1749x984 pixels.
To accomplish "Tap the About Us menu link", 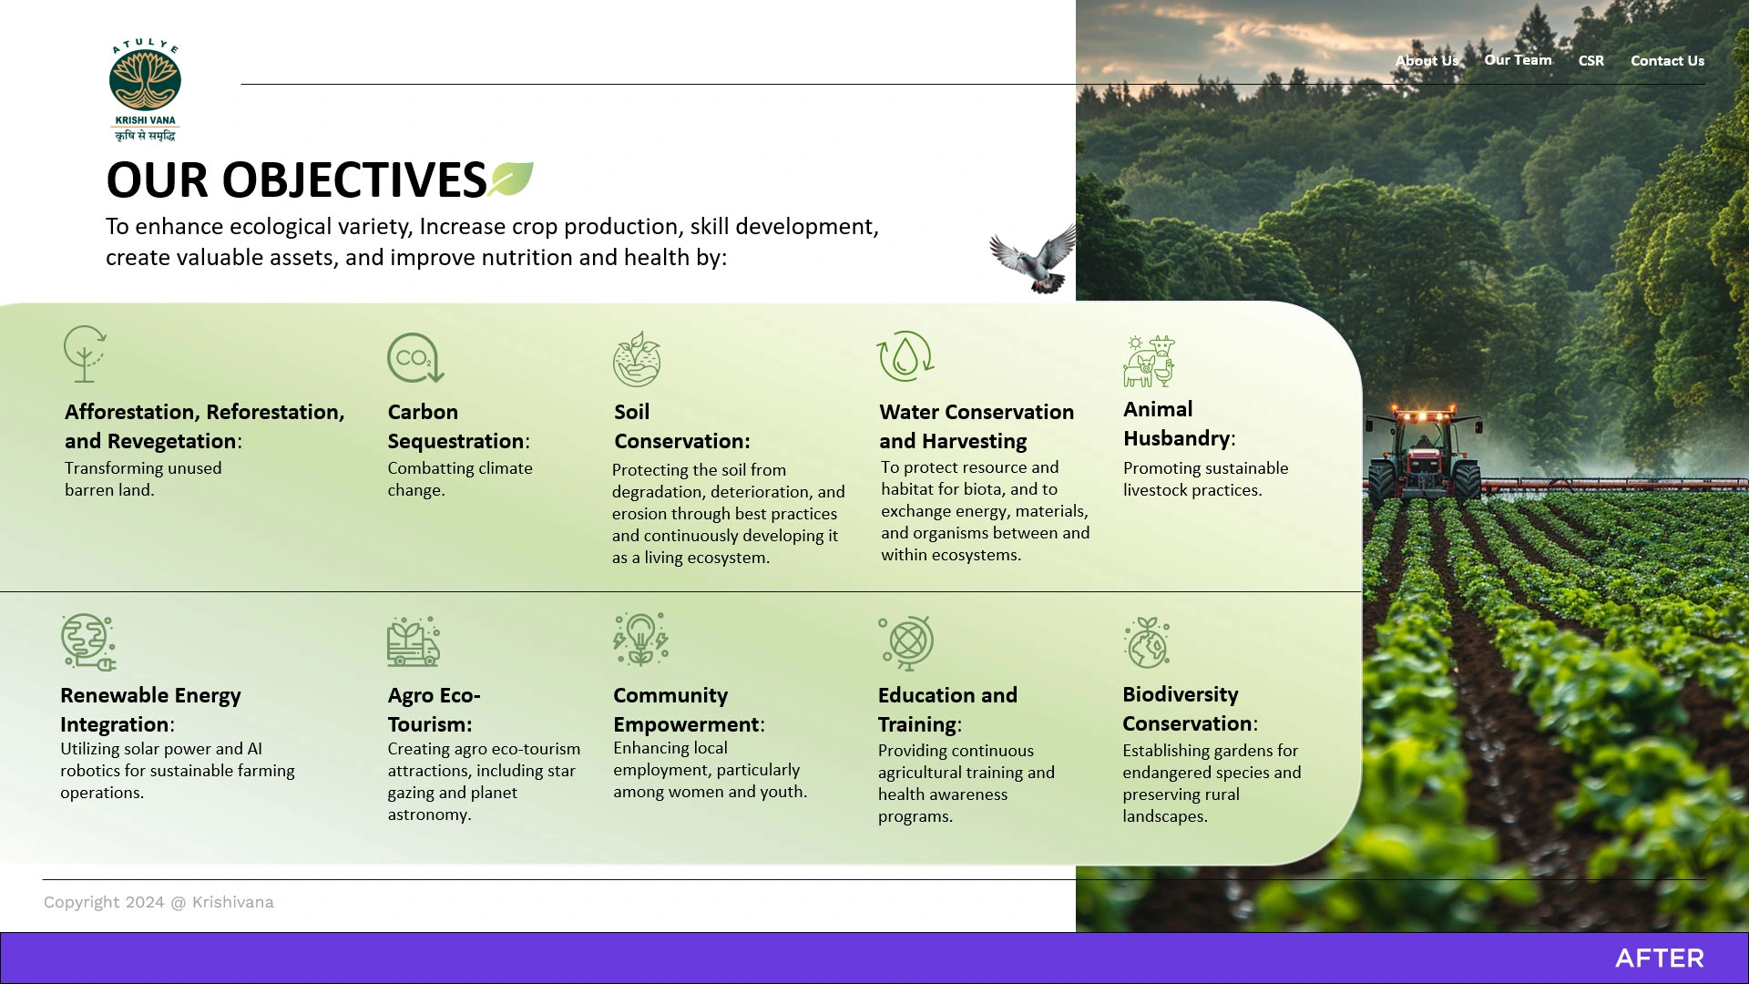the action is [x=1427, y=61].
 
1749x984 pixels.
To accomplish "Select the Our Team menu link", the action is [x=1518, y=60].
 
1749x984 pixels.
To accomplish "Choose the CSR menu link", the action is [x=1591, y=61].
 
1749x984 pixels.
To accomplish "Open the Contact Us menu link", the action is [x=1667, y=61].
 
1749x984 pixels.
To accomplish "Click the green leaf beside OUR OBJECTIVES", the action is [x=511, y=179].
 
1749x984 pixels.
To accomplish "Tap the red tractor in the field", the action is [x=1423, y=452].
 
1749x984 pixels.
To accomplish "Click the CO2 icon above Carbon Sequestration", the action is [x=415, y=357].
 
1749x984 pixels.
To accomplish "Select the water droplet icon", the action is [x=905, y=356].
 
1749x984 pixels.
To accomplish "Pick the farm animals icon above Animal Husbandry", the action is [x=1149, y=361].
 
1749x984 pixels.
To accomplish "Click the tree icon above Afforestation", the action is [x=85, y=354].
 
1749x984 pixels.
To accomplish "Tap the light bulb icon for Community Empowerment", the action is [x=640, y=639].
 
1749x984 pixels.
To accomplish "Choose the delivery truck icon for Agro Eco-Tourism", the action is [x=414, y=641].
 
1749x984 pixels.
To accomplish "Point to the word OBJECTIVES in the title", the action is [x=354, y=179].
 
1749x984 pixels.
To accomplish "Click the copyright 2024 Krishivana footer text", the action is [x=159, y=902].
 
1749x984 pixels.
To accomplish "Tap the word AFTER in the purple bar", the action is [x=1660, y=958].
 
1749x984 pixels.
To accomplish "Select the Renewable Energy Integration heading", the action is [x=150, y=710].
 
